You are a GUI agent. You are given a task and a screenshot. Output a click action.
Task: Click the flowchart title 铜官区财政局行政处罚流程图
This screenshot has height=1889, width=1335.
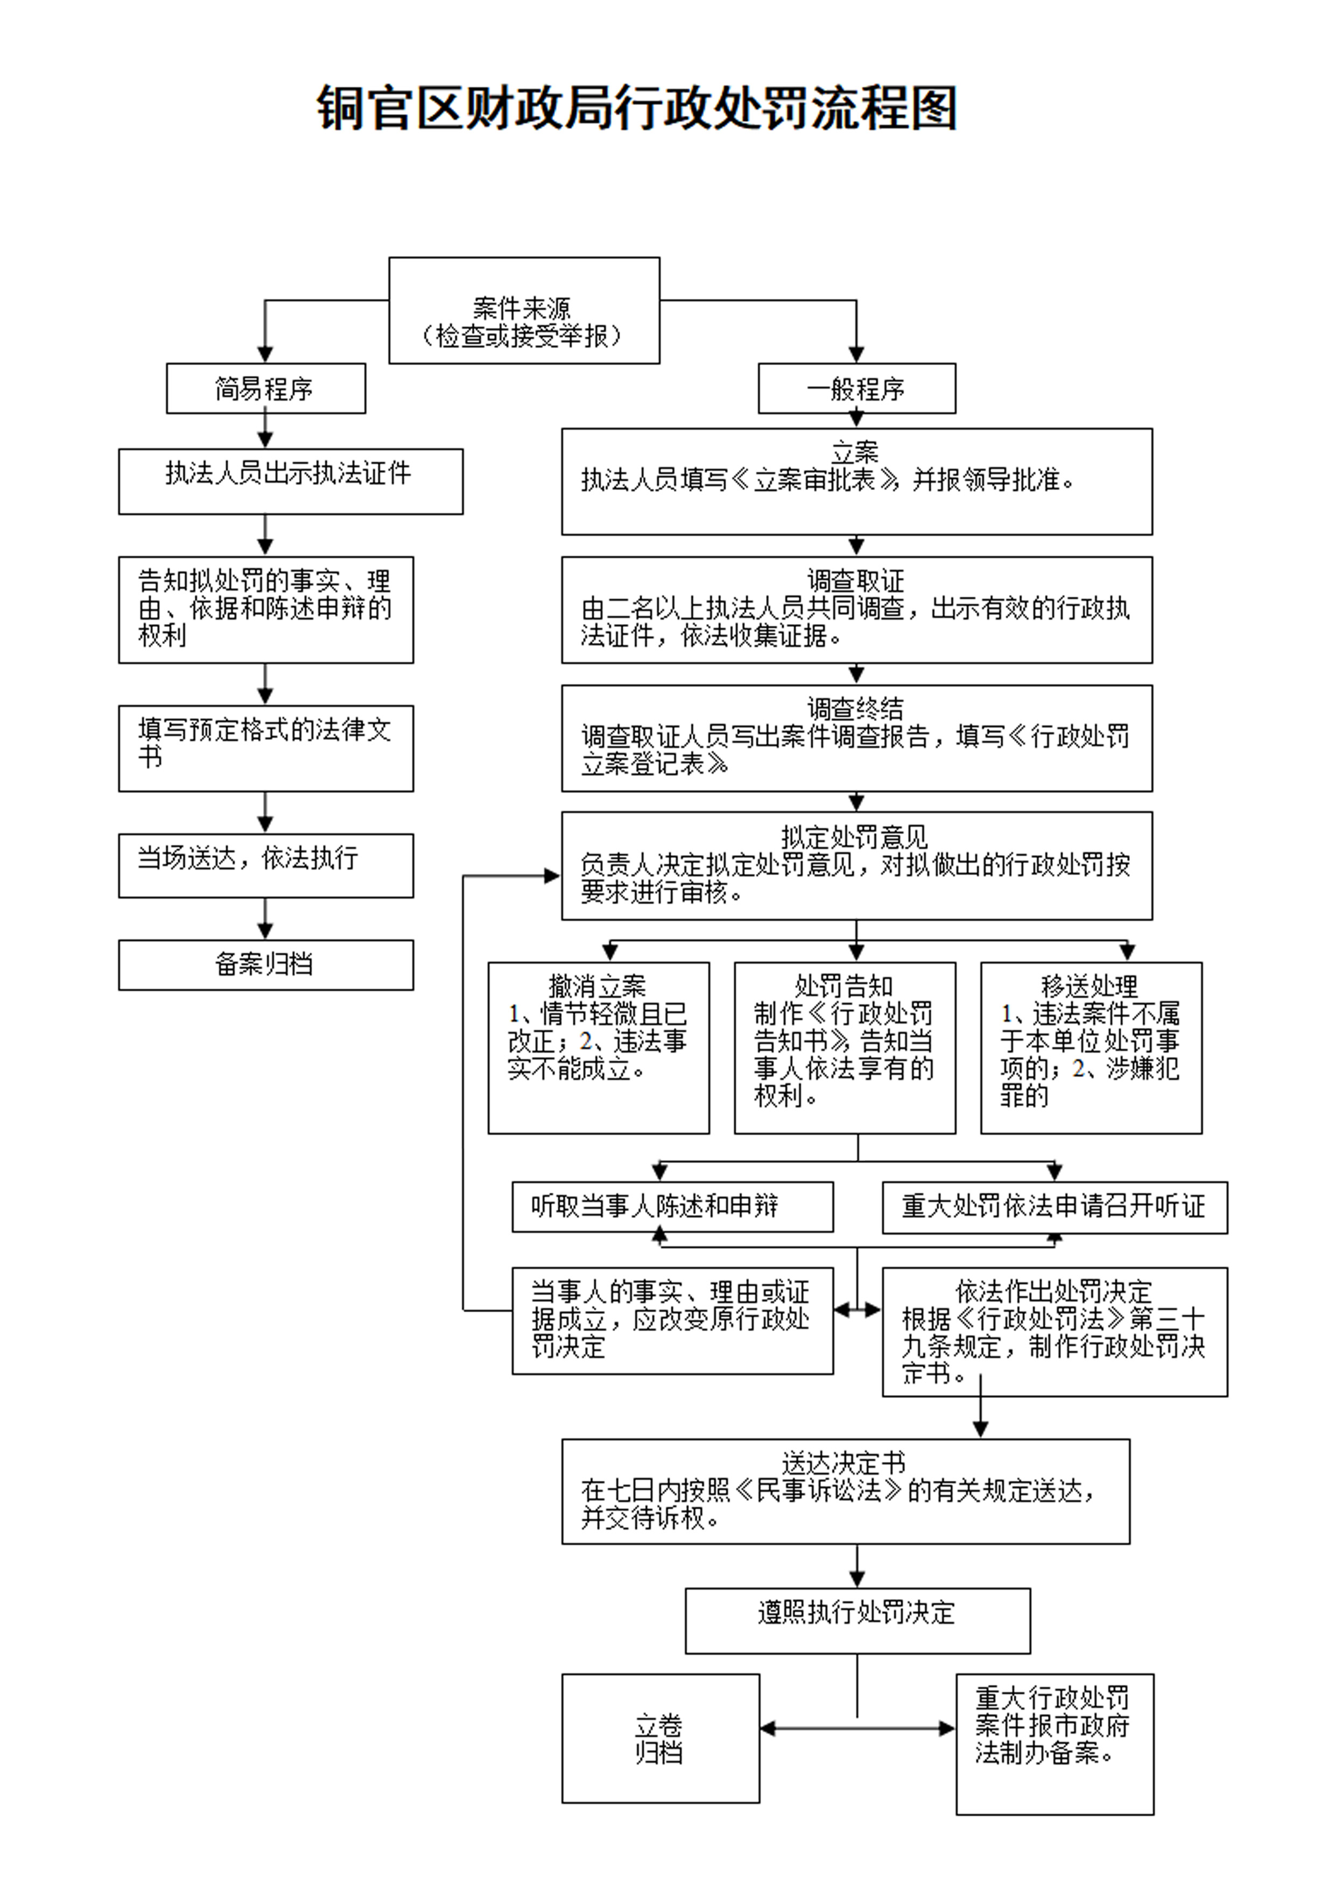pos(637,108)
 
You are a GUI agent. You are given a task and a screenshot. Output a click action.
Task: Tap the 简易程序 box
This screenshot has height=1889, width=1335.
pos(266,388)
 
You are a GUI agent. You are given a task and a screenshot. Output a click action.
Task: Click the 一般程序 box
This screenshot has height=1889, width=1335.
pos(856,388)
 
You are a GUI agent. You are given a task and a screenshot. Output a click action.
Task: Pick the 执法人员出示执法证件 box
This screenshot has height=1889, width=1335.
pos(290,481)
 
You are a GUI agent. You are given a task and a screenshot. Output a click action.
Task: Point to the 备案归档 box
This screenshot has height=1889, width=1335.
pos(266,964)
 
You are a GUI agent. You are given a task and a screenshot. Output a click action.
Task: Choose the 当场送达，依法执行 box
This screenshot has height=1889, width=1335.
pos(266,865)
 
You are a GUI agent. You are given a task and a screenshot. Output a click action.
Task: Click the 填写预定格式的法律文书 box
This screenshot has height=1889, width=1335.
pos(266,748)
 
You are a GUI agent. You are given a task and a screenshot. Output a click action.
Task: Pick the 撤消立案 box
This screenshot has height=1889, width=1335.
pos(598,1047)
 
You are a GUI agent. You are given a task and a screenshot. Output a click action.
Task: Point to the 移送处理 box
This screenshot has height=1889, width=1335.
pos(1091,1047)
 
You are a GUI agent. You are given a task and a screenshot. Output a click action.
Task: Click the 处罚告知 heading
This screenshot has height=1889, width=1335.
pos(844,985)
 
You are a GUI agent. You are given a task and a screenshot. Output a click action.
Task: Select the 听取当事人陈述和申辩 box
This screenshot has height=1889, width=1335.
pos(672,1207)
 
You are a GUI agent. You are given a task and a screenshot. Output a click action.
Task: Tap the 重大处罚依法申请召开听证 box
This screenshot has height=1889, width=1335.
pos(1055,1207)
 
